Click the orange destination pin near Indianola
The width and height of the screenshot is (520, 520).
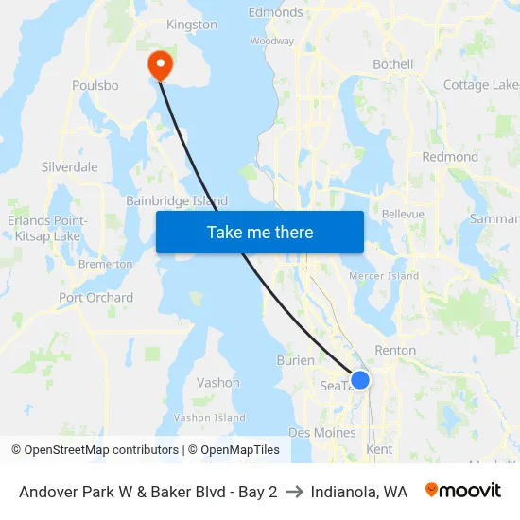pos(161,64)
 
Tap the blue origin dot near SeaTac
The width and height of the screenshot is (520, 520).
pos(359,380)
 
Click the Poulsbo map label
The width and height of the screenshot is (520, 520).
pos(95,85)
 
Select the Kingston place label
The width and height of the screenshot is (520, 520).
pos(191,25)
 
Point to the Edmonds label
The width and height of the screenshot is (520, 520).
pos(275,12)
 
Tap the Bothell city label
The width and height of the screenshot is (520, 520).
pos(393,64)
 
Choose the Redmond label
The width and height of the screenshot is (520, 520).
pos(450,157)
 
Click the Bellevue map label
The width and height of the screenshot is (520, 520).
pos(403,215)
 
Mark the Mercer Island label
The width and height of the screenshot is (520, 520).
pos(384,276)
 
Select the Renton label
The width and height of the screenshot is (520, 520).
pos(395,350)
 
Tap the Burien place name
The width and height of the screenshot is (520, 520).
pos(294,360)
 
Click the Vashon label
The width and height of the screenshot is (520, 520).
pos(217,383)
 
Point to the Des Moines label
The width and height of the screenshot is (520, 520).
pos(322,432)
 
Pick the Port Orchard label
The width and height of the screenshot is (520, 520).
pos(95,298)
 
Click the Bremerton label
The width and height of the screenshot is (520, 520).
pos(105,265)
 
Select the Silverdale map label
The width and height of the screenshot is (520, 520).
pos(70,166)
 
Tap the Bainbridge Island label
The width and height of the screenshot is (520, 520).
pos(177,201)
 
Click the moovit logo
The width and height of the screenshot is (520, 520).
pos(462,491)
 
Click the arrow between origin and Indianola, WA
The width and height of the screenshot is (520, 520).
pos(294,492)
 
